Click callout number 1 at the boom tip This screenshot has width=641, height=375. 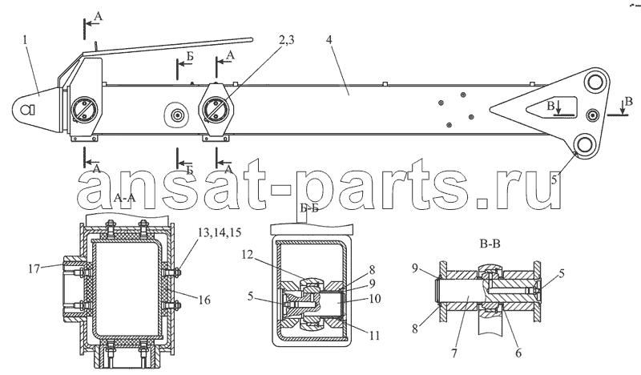click(26, 40)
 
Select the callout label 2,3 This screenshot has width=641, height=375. click(286, 40)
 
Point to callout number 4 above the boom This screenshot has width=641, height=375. click(330, 40)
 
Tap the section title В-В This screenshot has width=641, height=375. click(490, 244)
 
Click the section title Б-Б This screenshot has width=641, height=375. click(309, 208)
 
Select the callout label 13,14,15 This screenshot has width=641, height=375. click(220, 232)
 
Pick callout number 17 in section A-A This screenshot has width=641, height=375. click(35, 268)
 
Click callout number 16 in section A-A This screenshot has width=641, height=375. click(204, 300)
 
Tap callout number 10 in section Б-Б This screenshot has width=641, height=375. click(374, 299)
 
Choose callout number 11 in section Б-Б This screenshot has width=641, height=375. click(374, 336)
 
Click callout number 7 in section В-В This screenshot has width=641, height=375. click(454, 353)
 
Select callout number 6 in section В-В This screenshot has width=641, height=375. click(518, 353)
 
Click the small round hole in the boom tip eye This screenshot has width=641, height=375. click(27, 109)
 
